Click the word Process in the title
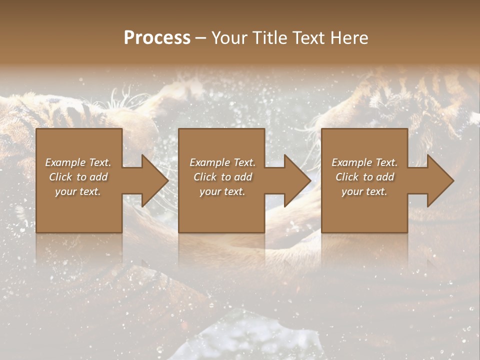[x=157, y=38]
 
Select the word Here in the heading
[x=349, y=38]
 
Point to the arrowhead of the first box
[x=154, y=180]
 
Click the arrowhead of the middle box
[x=297, y=180]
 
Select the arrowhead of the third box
[x=440, y=180]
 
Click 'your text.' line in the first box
[x=77, y=191]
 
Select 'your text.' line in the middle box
[x=222, y=191]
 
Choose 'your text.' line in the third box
[x=364, y=191]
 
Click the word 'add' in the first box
[x=98, y=176]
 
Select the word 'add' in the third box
[x=385, y=176]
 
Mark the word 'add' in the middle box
[x=243, y=176]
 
